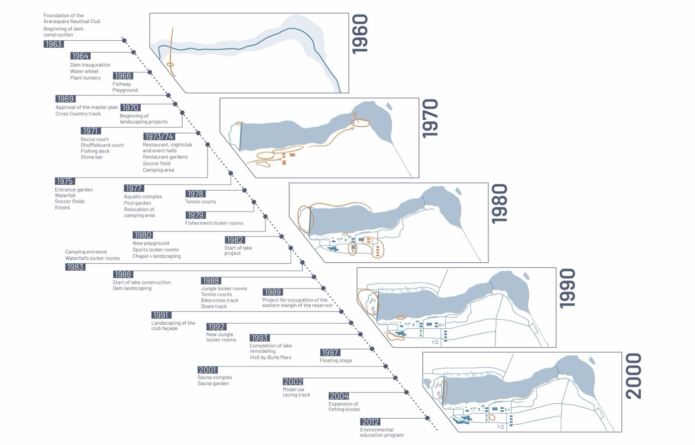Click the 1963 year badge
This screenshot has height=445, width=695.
tap(54, 44)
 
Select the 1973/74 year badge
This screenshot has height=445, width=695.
tap(159, 137)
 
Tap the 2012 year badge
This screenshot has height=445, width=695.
tap(370, 422)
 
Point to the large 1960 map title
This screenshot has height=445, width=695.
tap(360, 34)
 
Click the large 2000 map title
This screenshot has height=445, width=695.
tap(633, 376)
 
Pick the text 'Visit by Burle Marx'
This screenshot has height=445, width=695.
tap(271, 357)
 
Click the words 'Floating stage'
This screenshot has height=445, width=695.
tap(336, 360)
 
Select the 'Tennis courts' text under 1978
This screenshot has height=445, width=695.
tap(201, 202)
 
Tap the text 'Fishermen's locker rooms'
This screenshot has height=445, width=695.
tap(214, 223)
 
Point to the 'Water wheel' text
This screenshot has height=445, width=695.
tap(84, 71)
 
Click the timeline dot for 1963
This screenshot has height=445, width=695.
tap(124, 40)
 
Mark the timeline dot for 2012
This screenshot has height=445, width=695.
tap(427, 418)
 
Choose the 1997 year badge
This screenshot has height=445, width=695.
tap(330, 353)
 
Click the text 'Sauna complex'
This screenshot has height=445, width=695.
tap(214, 377)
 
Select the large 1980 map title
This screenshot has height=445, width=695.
tap(499, 204)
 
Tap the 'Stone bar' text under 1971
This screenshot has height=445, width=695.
tap(91, 157)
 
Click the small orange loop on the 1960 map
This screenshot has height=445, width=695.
tap(170, 65)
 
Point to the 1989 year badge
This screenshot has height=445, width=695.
tap(273, 292)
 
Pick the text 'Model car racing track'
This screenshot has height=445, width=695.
tap(296, 392)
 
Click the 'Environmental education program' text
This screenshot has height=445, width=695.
tap(382, 432)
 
